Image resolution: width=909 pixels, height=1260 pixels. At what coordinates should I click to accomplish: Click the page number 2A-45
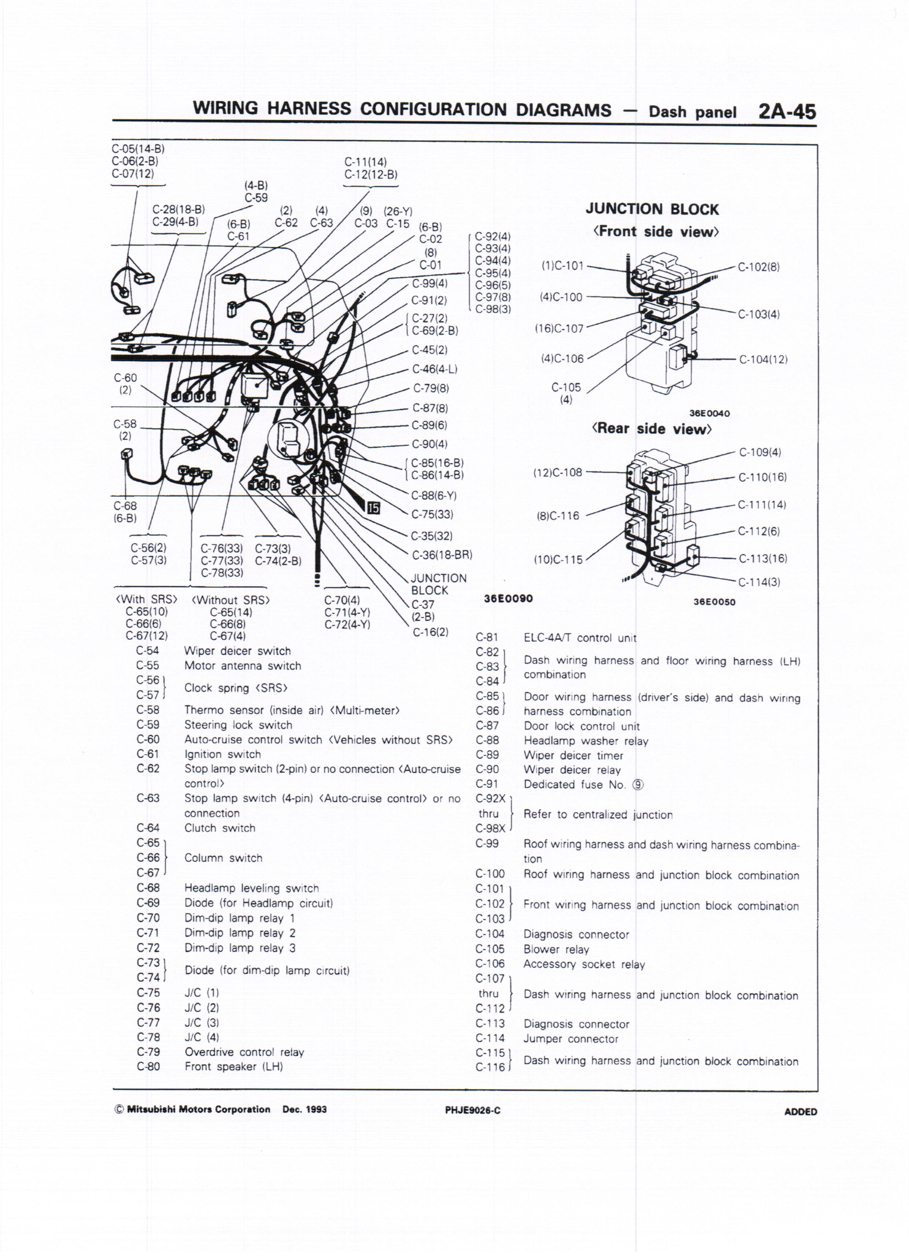click(x=787, y=112)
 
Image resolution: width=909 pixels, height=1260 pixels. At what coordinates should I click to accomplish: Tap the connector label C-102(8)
click(x=758, y=267)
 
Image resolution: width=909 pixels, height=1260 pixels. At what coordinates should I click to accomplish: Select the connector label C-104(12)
click(x=763, y=359)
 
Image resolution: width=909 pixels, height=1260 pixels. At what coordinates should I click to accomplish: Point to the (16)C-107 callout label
click(x=559, y=329)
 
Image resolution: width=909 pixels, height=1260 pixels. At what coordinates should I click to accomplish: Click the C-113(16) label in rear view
click(x=762, y=558)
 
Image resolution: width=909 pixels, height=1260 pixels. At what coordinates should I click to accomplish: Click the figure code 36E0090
click(x=508, y=598)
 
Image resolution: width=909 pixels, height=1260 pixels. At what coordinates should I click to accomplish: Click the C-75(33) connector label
click(x=432, y=514)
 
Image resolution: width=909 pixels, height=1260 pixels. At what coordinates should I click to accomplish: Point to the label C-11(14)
click(x=365, y=162)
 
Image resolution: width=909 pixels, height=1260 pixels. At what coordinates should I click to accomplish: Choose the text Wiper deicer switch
click(x=237, y=651)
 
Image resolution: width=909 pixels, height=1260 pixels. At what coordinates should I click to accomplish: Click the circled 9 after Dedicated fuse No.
click(x=638, y=785)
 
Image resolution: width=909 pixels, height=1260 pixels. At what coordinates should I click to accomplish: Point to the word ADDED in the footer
click(x=800, y=1112)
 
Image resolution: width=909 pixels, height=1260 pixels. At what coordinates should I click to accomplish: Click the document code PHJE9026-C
click(x=472, y=1110)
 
